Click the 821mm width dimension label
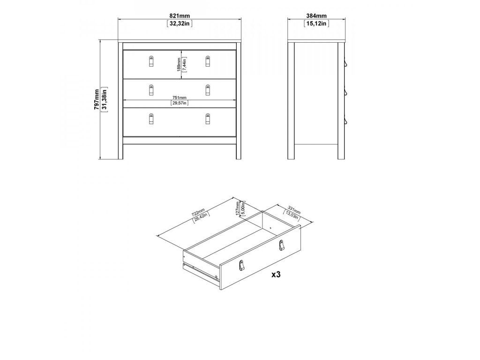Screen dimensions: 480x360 (x=180, y=16)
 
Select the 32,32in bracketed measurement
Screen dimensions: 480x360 (x=180, y=23)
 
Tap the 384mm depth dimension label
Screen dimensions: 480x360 (x=316, y=16)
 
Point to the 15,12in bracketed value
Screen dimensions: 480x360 (x=316, y=23)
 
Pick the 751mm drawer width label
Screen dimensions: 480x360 (x=180, y=98)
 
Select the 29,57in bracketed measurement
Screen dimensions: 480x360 (x=180, y=103)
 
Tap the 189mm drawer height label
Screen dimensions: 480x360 (x=179, y=65)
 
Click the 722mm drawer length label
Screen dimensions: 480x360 (x=198, y=212)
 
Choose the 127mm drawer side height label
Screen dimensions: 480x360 (x=238, y=209)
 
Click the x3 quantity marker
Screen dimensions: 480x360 (x=276, y=275)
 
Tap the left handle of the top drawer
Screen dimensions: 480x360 (x=151, y=61)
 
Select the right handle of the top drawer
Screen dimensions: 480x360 (x=208, y=61)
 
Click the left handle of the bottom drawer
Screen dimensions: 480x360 (x=151, y=119)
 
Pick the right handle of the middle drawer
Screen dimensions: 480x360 (x=208, y=90)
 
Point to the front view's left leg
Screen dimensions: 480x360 (x=120, y=101)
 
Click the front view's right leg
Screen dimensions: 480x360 (x=239, y=101)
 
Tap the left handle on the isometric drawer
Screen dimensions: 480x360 (x=241, y=265)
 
